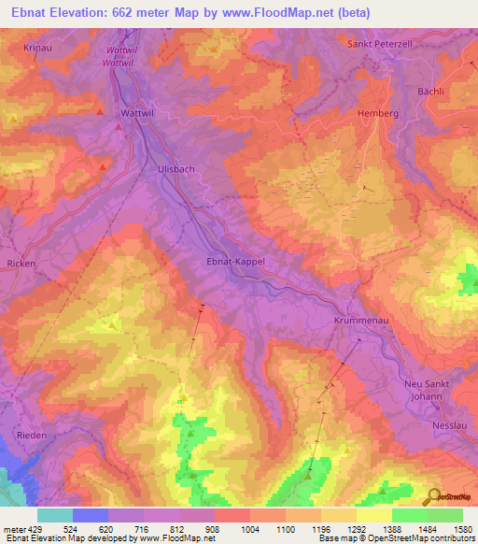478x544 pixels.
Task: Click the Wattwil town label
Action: pos(136,113)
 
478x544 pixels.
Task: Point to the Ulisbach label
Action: pos(175,168)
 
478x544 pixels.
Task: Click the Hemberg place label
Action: pos(377,113)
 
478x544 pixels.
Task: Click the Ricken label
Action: pos(21,264)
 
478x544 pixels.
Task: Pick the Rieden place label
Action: pos(32,435)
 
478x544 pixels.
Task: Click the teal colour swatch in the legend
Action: pos(54,514)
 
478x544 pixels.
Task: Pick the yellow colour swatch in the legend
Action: pos(373,514)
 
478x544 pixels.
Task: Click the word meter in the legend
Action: pos(13,527)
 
